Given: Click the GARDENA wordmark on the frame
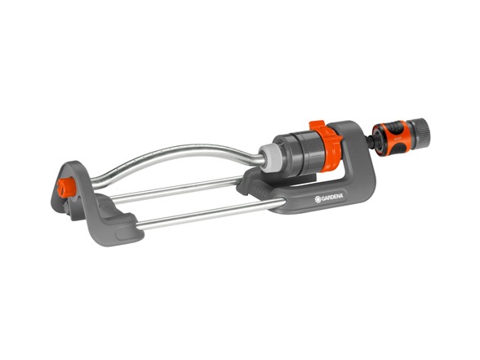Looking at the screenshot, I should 331,197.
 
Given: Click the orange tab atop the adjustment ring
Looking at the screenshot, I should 319,127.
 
